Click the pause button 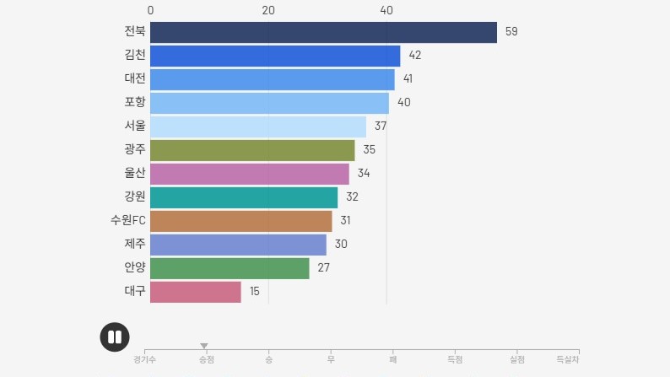[x=115, y=337]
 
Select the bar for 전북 [x=323, y=32]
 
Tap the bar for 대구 [x=195, y=292]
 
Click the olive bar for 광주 [x=252, y=150]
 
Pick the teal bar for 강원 [x=244, y=197]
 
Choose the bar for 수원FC [x=240, y=221]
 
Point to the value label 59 [x=511, y=32]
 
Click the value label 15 [x=254, y=292]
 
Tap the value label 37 [x=381, y=127]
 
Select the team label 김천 [x=135, y=55]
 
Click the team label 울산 [x=135, y=173]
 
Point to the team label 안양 [x=135, y=267]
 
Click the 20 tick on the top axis [x=268, y=10]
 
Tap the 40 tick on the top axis [x=386, y=10]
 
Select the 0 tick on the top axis [x=150, y=10]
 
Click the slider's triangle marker [x=204, y=346]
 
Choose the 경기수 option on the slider [x=144, y=359]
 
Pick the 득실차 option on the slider [x=568, y=359]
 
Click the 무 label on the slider [x=331, y=359]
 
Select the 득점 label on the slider [x=455, y=359]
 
